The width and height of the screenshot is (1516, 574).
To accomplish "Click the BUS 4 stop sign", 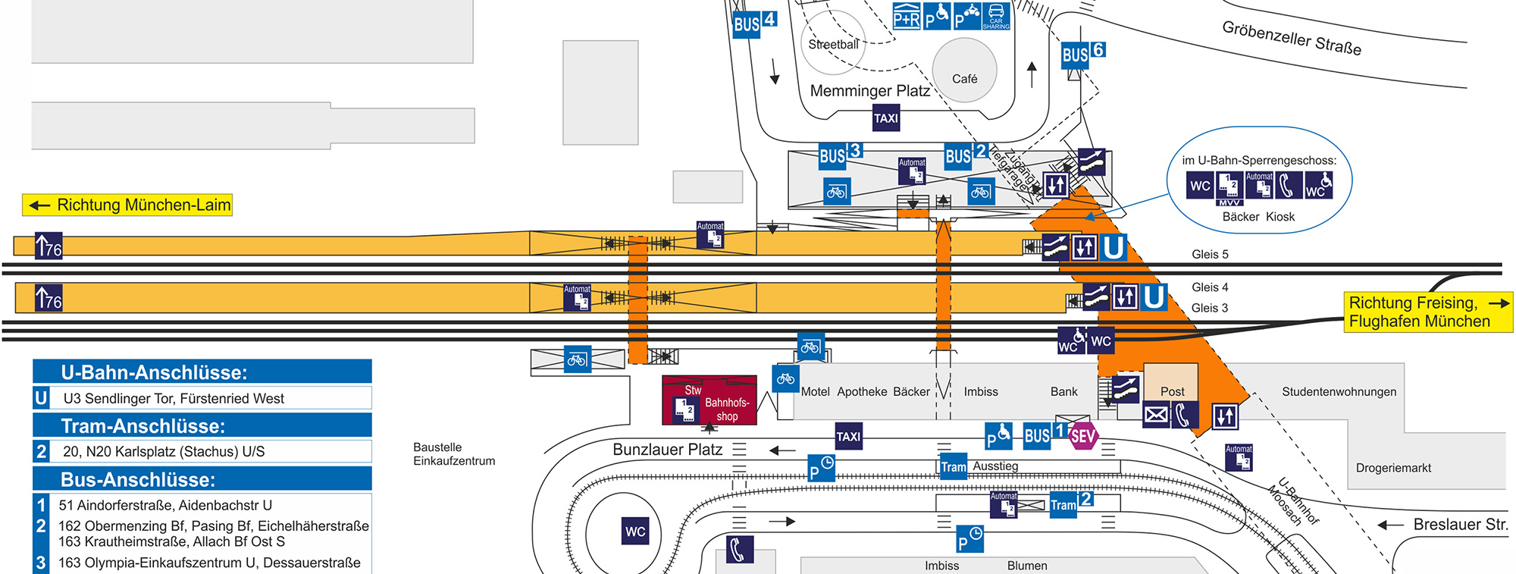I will (754, 23).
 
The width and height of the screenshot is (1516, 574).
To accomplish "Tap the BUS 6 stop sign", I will (1082, 54).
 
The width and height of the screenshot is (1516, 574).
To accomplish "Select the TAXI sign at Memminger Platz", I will (885, 118).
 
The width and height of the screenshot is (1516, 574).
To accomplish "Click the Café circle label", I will (964, 78).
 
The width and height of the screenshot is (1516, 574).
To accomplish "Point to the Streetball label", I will (833, 45).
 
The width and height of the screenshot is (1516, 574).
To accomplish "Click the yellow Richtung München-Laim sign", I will (127, 205).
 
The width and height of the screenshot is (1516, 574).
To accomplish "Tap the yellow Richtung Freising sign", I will (1427, 312).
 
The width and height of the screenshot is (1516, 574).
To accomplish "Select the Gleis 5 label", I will (1210, 254).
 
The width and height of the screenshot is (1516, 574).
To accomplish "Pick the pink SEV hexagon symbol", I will (1082, 436).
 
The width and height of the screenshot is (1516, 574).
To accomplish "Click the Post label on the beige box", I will (1172, 391).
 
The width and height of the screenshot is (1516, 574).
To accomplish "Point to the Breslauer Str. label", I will (1460, 524).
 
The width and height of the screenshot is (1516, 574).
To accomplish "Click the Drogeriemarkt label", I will (1393, 468).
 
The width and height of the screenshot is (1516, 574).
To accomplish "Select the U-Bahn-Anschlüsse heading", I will (155, 372).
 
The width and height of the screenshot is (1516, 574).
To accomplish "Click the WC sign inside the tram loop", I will (635, 532).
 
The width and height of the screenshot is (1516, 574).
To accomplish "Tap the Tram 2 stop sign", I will (1071, 503).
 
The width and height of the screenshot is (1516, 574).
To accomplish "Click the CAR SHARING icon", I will (996, 16).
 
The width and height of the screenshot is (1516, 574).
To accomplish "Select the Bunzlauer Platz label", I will (667, 450).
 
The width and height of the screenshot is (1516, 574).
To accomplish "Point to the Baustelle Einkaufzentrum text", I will (454, 453).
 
